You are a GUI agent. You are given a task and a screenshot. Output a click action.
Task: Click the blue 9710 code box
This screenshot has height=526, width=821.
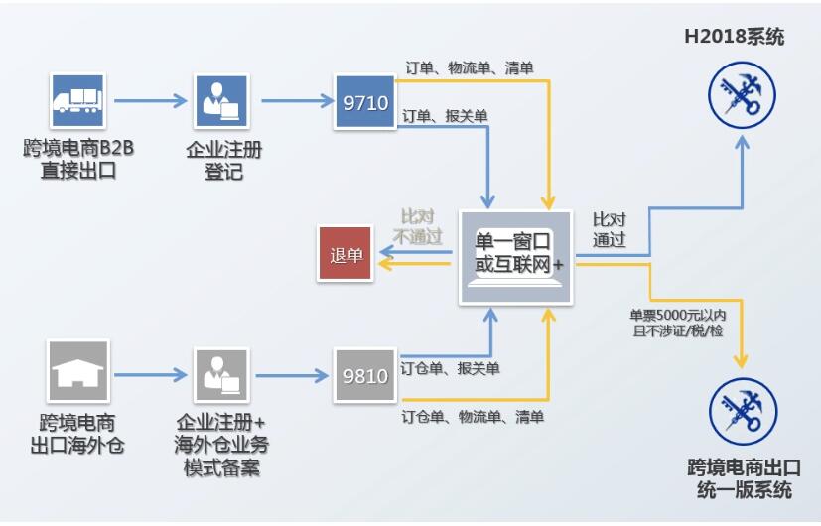point(364,102)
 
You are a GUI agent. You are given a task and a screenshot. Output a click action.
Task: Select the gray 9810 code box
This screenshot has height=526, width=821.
point(364,376)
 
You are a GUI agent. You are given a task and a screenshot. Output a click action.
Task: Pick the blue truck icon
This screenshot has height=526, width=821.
point(78,99)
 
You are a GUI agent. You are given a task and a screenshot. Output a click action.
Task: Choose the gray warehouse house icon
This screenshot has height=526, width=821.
point(78,371)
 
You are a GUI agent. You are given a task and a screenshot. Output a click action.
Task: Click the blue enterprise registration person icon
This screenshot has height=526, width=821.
point(221,100)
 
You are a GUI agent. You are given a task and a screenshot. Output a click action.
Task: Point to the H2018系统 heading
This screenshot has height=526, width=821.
point(734,38)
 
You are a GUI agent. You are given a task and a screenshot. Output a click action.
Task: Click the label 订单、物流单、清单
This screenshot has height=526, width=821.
point(469,68)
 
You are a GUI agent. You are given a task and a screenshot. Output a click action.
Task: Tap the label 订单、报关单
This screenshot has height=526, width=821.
point(445,116)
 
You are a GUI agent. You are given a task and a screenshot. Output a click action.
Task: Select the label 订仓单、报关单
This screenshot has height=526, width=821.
point(450,368)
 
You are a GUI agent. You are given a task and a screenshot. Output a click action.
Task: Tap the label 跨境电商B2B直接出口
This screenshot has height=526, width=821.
point(78,159)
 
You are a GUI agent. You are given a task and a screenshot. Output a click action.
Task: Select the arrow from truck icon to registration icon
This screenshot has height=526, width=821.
point(150,100)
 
